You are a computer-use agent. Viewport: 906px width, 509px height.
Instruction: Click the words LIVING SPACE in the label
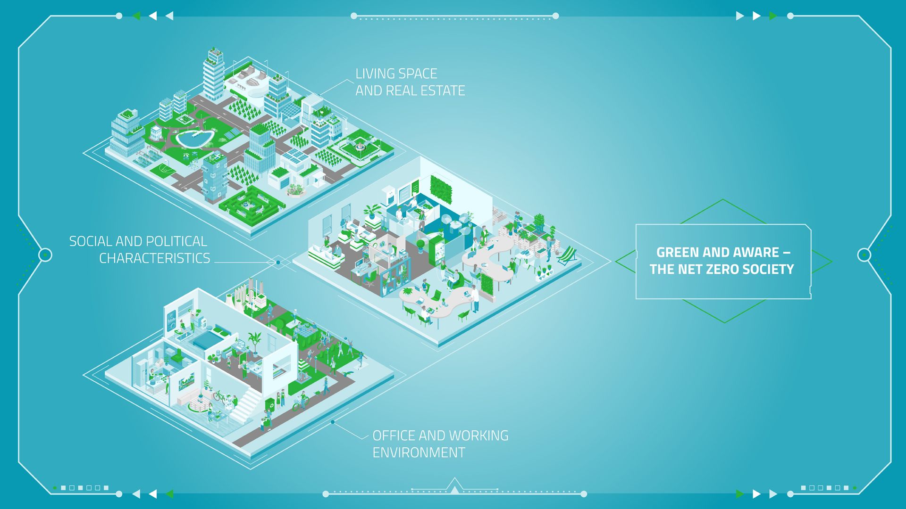click(x=396, y=74)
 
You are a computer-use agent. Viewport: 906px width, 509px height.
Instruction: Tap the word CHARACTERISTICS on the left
click(x=154, y=258)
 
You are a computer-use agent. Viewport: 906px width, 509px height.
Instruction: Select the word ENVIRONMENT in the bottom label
click(x=419, y=452)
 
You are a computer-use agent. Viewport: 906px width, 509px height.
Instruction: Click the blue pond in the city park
click(x=195, y=139)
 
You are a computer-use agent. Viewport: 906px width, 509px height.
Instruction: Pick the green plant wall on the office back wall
click(x=441, y=189)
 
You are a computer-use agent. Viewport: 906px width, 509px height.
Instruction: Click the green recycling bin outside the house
click(x=270, y=405)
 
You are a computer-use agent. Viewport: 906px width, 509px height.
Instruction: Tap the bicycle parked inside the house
click(x=220, y=395)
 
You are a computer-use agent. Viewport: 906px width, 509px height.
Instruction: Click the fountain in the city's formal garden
click(x=360, y=147)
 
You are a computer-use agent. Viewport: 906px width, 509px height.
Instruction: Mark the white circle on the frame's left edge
click(x=45, y=255)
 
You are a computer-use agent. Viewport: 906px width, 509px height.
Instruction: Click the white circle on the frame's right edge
click(x=864, y=254)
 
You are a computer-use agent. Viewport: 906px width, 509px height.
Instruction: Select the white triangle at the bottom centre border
click(x=454, y=486)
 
